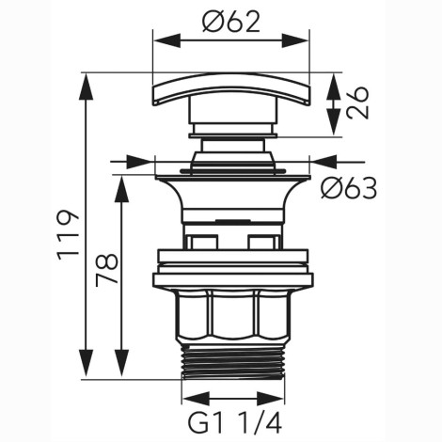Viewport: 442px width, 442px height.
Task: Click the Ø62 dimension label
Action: pyautogui.click(x=231, y=22)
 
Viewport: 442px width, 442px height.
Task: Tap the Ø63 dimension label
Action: pyautogui.click(x=349, y=188)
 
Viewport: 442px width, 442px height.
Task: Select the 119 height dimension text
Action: pyautogui.click(x=67, y=234)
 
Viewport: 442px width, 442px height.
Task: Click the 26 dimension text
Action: pyautogui.click(x=357, y=103)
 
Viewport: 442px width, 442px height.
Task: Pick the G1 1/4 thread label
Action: pyautogui.click(x=235, y=423)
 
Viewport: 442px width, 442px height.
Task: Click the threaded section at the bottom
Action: pyautogui.click(x=233, y=363)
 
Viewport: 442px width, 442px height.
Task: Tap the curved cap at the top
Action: pyautogui.click(x=231, y=89)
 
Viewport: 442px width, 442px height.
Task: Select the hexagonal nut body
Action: pyautogui.click(x=231, y=315)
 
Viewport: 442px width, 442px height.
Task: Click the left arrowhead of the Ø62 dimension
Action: pyautogui.click(x=166, y=40)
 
